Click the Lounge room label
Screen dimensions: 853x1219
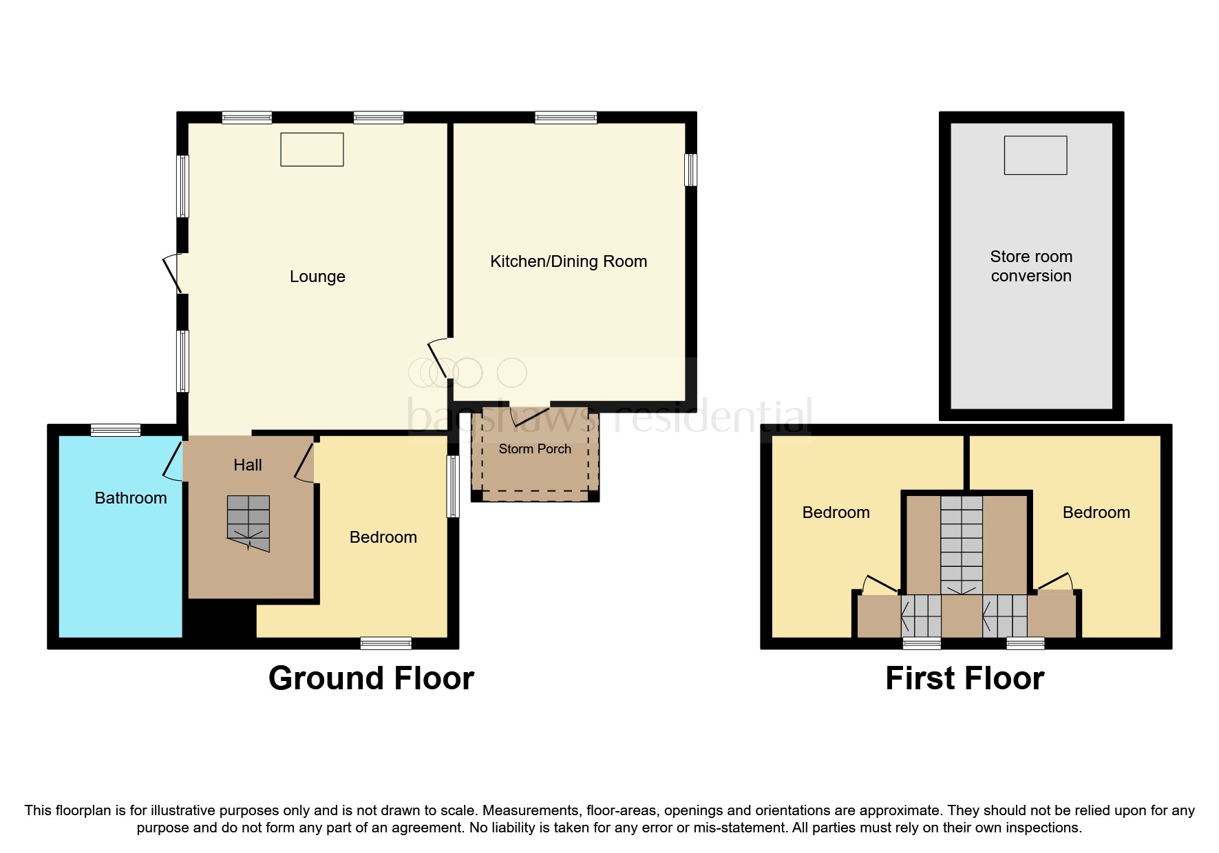317,277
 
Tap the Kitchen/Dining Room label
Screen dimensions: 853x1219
568,261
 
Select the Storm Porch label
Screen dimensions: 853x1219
535,449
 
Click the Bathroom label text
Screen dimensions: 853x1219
131,498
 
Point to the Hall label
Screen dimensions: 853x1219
247,465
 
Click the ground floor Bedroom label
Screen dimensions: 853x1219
383,537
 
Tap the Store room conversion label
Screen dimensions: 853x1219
1030,266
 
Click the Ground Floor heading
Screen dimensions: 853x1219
371,678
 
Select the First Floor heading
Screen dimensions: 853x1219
964,678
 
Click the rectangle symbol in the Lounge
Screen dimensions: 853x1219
312,149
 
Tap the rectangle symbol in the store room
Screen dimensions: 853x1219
1035,155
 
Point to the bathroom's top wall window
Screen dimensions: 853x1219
116,430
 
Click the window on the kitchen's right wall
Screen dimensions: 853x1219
690,169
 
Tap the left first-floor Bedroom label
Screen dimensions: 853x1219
836,512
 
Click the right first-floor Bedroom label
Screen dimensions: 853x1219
1096,512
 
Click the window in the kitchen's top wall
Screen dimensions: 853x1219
566,118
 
